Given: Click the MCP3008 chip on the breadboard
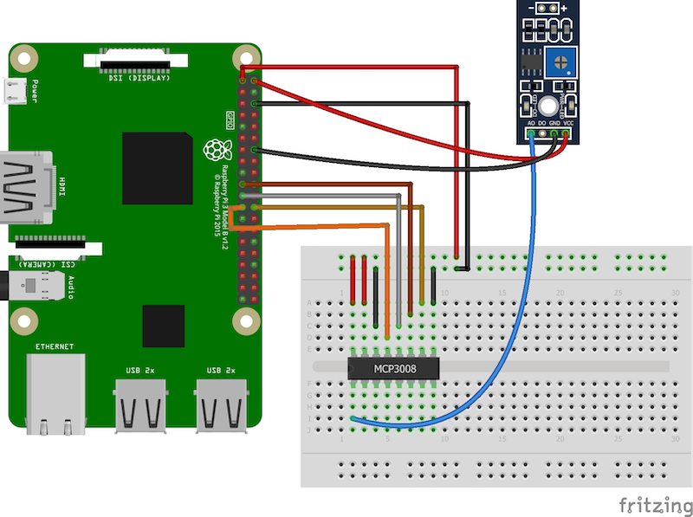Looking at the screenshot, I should (x=393, y=368).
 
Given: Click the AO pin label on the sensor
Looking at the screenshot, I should (x=530, y=125).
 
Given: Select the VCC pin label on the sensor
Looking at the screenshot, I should (x=568, y=125).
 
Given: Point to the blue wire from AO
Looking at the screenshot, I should (x=512, y=329).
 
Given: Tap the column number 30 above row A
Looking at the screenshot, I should (x=675, y=294).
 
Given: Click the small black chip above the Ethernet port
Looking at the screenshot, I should (x=164, y=325).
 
